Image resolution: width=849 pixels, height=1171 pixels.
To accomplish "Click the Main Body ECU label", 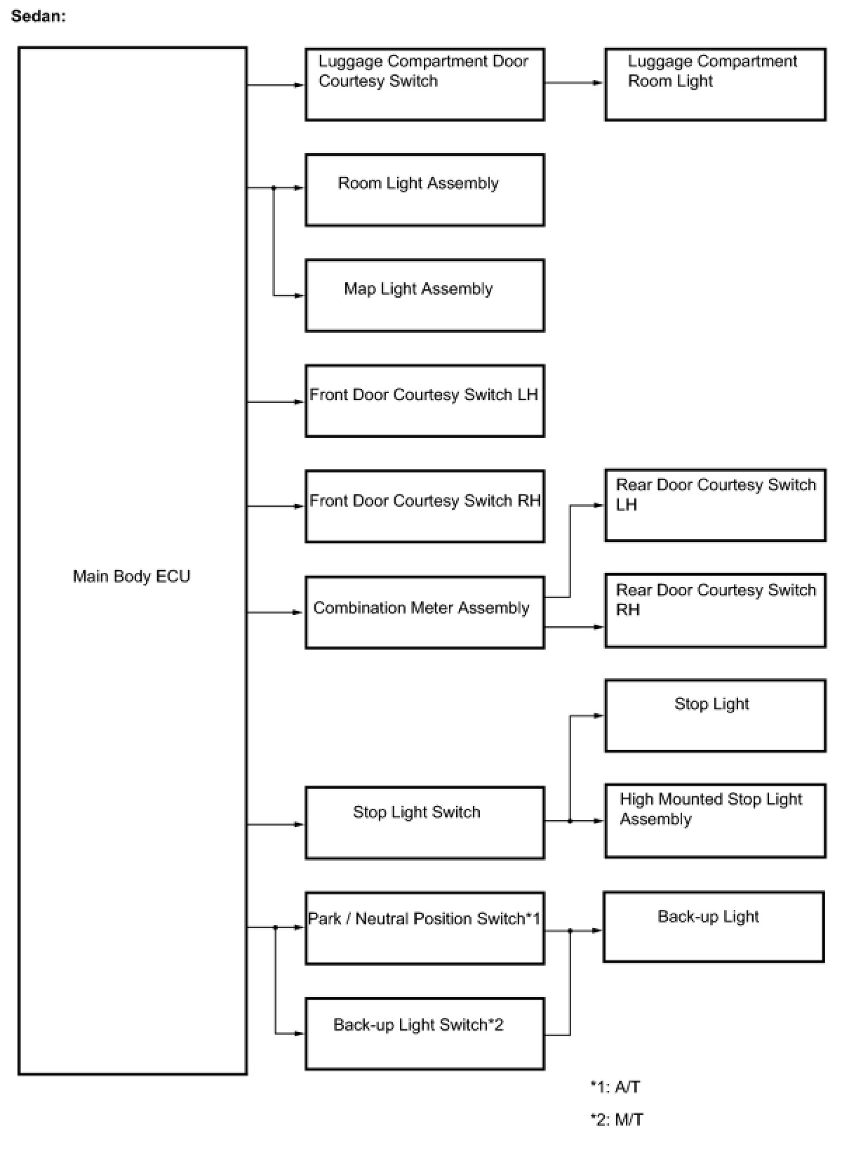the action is point(131,576).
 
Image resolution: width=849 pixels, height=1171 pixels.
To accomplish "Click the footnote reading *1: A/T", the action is point(615,1087).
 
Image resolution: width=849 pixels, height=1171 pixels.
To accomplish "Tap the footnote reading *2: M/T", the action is point(617,1119).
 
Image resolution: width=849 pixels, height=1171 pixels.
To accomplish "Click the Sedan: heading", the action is point(39,16).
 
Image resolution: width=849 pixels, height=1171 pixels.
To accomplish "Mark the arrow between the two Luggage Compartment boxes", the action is point(573,83).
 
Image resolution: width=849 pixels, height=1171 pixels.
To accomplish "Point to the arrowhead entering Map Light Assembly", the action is point(299,296).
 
